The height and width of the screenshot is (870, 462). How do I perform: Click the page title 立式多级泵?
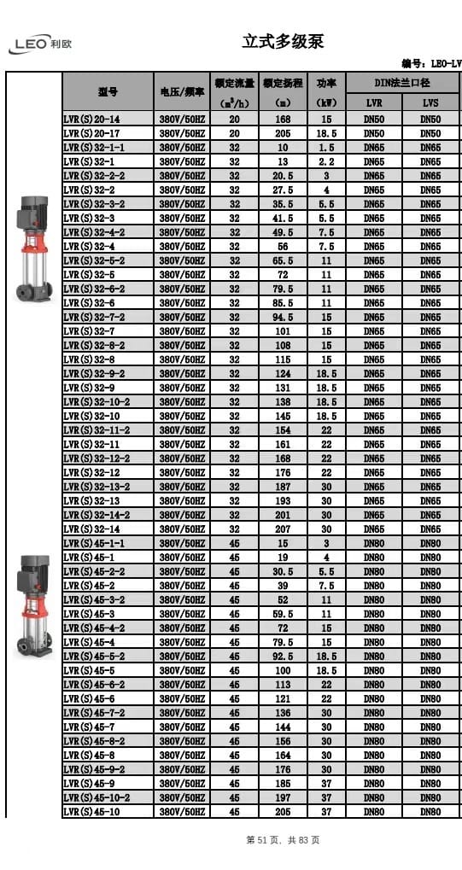coord(283,42)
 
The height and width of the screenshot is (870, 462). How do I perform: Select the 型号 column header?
coord(108,92)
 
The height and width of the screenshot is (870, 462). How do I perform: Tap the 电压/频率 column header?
coord(182,92)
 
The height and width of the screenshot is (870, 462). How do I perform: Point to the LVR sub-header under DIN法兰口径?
coord(374,102)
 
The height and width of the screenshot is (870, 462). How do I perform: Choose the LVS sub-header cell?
coord(430,102)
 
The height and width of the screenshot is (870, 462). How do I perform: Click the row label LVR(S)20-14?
coord(91,120)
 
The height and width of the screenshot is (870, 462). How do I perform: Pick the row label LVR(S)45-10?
coord(91,812)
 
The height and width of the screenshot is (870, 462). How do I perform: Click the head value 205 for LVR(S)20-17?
coord(284,134)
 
